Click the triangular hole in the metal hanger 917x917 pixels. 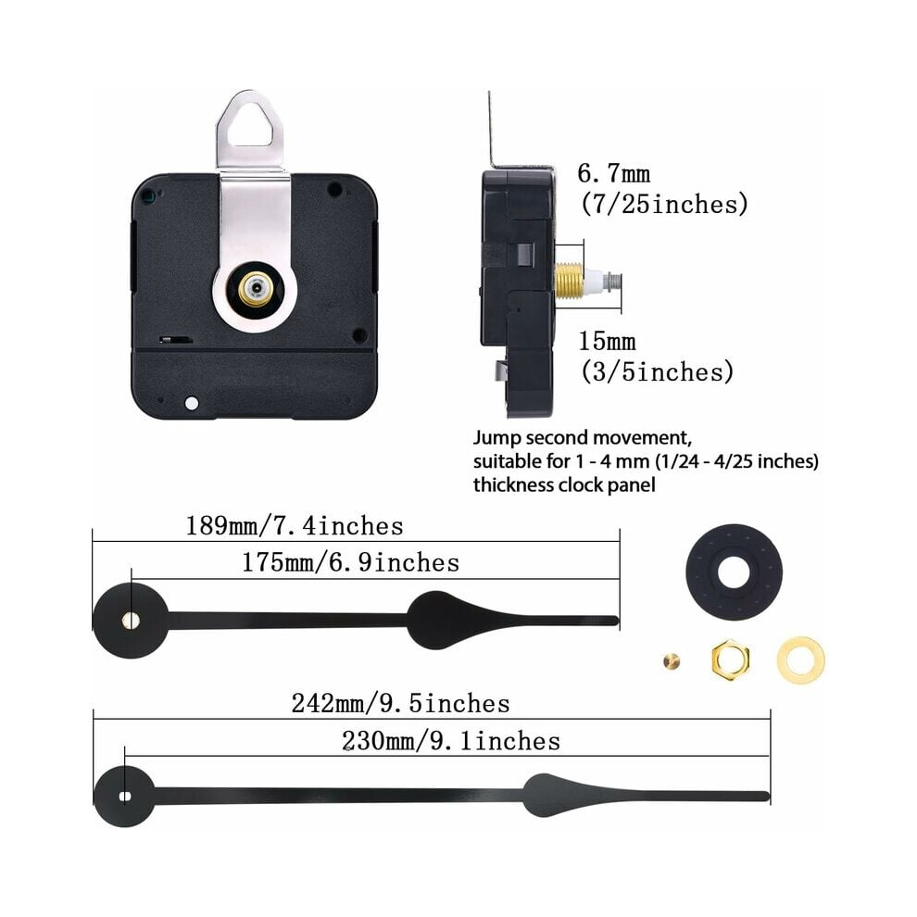[250, 126]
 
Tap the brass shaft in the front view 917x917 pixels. [255, 288]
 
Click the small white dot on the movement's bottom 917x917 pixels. [191, 403]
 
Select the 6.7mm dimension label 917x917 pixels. [613, 173]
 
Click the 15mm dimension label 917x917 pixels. [607, 341]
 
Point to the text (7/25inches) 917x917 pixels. [664, 204]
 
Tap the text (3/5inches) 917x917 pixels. [657, 372]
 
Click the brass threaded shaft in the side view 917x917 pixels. [569, 282]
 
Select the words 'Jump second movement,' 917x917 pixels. [583, 437]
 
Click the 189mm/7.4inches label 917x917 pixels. [295, 526]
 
